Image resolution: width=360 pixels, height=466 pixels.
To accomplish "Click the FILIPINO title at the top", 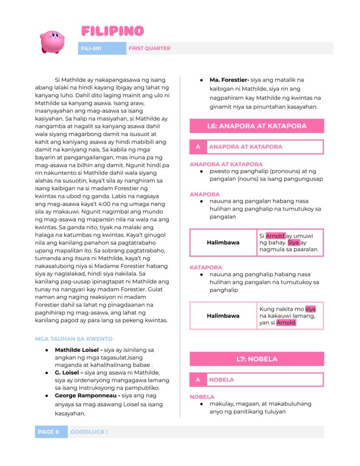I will click(112, 31).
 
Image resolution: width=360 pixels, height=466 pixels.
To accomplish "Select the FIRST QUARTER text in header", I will click(149, 48).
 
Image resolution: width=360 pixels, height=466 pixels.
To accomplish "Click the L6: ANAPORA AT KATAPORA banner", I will click(257, 126).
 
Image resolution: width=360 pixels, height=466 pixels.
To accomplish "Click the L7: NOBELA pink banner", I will click(257, 359).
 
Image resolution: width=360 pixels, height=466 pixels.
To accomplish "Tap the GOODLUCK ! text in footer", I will click(89, 432).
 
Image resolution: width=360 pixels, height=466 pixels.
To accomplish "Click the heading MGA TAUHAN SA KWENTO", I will click(73, 339).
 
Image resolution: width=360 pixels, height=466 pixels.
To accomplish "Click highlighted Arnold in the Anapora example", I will click(275, 236).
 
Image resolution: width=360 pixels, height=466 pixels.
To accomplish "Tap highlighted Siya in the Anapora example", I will click(293, 243).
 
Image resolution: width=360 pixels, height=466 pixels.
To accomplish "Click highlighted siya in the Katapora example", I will click(310, 309).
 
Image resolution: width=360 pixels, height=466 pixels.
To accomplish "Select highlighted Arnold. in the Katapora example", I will click(286, 323).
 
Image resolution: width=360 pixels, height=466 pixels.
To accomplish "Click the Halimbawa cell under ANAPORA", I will click(223, 242).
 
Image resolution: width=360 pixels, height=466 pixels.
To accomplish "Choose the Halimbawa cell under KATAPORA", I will click(223, 315).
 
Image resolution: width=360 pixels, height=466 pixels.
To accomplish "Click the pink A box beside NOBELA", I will click(198, 379).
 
